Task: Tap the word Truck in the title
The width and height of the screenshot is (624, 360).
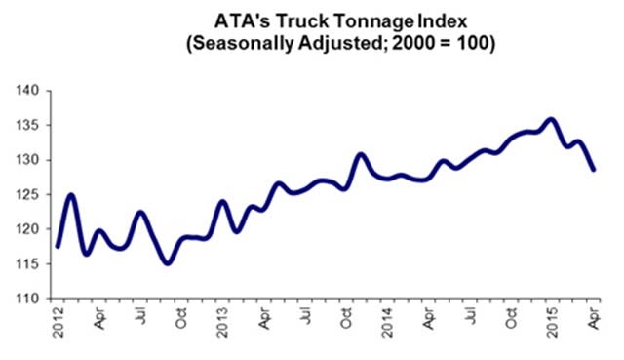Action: click(x=303, y=20)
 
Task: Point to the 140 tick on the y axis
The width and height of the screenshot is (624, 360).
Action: click(x=28, y=91)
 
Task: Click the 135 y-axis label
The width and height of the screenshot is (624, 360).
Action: click(x=28, y=126)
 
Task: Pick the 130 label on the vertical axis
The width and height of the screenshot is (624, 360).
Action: click(x=28, y=160)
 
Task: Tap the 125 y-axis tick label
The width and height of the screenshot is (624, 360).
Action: click(x=28, y=195)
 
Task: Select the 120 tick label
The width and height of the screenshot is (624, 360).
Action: click(x=28, y=229)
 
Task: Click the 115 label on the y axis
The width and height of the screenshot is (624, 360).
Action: click(x=28, y=264)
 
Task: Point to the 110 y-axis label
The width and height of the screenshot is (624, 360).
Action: click(x=28, y=299)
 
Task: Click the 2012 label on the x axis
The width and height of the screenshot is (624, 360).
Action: click(x=58, y=322)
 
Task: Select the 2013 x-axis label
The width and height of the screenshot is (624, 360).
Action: click(x=222, y=322)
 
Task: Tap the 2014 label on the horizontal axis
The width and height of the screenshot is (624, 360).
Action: click(x=387, y=322)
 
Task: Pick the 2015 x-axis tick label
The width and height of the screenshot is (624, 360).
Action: click(x=552, y=322)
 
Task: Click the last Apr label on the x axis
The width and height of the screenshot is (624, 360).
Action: click(x=593, y=318)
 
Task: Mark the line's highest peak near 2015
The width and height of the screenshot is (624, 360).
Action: click(x=551, y=119)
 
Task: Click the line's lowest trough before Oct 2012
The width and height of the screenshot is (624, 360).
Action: click(x=168, y=262)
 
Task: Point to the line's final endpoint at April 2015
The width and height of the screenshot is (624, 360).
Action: click(x=594, y=170)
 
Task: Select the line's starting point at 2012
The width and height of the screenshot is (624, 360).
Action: click(x=58, y=247)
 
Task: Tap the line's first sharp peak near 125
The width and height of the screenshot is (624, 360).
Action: click(x=71, y=195)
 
